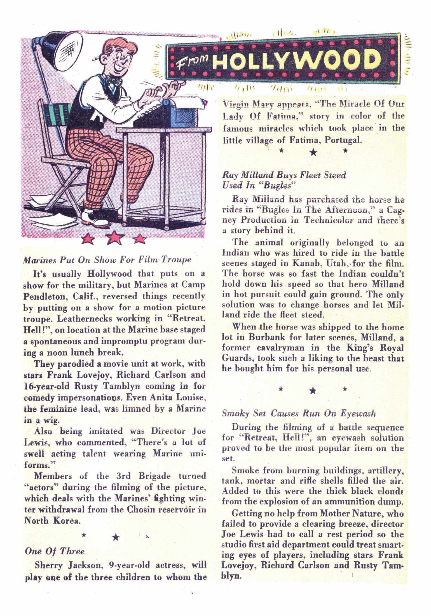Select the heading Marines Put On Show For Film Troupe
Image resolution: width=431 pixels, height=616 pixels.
[x=107, y=260]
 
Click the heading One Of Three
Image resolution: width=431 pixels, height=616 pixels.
[x=55, y=552]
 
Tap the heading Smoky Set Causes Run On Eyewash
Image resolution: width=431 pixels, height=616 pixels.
[x=299, y=414]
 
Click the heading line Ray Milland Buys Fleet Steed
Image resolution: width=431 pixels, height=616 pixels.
[x=284, y=175]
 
